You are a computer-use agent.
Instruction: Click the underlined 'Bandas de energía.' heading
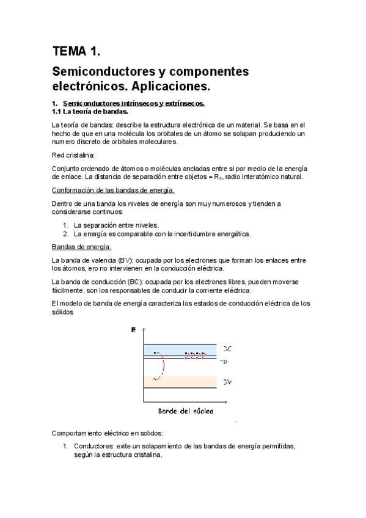click(x=81, y=247)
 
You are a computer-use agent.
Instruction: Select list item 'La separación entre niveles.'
click(x=115, y=225)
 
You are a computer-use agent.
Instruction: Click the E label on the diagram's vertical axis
click(x=133, y=330)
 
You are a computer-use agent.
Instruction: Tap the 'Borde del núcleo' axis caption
click(x=186, y=411)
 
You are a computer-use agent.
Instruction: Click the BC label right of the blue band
click(x=227, y=349)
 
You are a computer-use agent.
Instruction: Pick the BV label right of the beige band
click(x=227, y=382)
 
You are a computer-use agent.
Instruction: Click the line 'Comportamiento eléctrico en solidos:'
click(x=108, y=432)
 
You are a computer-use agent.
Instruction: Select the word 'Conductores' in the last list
click(x=92, y=446)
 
